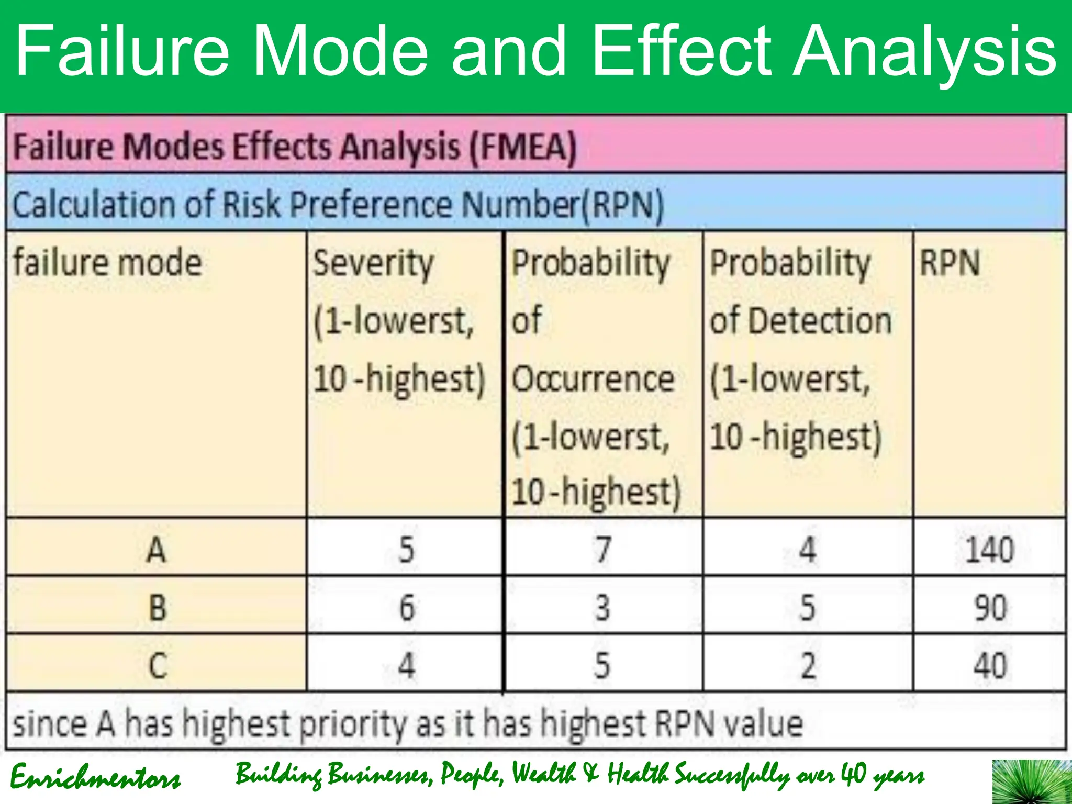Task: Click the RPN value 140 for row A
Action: coord(989,550)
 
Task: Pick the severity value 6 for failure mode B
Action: coord(407,608)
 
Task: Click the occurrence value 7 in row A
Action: coord(603,550)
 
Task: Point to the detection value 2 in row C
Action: coord(808,666)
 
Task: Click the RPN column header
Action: coord(950,263)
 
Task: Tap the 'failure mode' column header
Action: coord(107,263)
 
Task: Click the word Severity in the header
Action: coord(373,264)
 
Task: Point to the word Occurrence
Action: coord(593,379)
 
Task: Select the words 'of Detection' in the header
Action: coord(800,321)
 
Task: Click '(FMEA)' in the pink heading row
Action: coord(522,147)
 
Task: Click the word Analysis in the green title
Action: coord(924,51)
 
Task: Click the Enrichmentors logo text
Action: coord(95,777)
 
